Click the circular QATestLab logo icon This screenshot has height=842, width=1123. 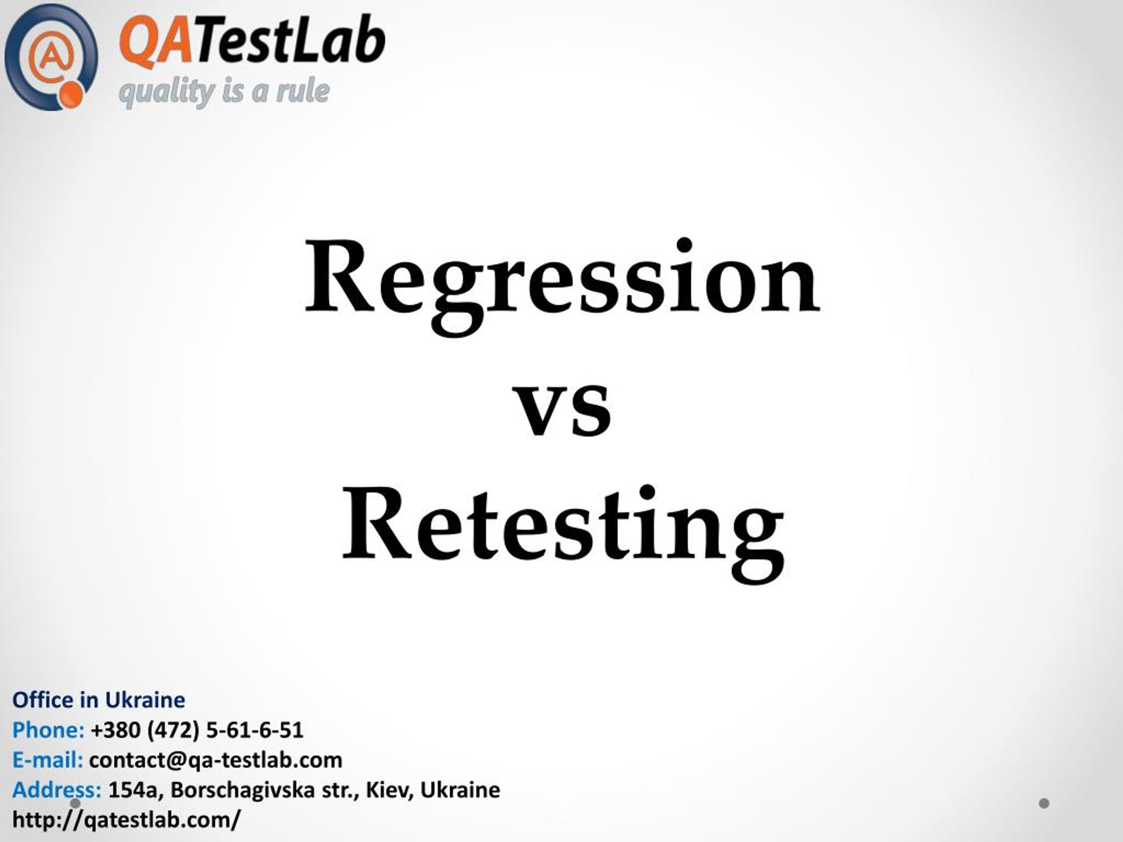(51, 57)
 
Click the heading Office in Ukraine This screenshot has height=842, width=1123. (99, 700)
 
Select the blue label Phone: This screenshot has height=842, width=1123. (48, 730)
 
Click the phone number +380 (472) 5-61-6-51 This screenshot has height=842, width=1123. (197, 730)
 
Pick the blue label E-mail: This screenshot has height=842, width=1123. (48, 760)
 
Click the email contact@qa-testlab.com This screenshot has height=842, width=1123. (216, 760)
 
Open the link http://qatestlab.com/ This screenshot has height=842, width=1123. (126, 820)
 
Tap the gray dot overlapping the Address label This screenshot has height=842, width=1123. (75, 803)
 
